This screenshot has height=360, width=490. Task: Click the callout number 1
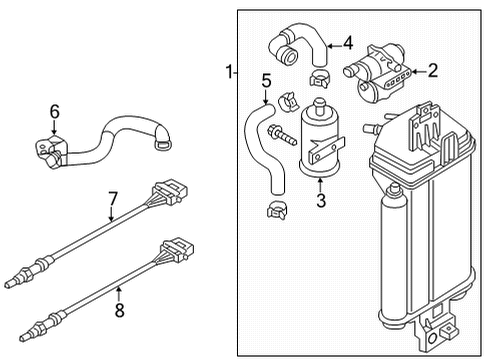(229, 72)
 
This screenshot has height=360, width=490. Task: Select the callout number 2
(433, 71)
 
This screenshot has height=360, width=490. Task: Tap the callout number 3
(321, 200)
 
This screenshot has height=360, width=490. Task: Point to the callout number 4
(348, 43)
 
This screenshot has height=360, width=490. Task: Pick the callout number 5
(266, 81)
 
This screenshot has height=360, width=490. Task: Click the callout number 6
(55, 111)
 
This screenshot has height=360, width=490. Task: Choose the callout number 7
(113, 199)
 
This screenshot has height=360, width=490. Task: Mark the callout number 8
(119, 310)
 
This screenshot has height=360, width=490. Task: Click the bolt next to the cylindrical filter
(282, 135)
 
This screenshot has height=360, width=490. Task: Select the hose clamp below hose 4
(319, 79)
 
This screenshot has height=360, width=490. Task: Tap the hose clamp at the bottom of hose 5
(277, 210)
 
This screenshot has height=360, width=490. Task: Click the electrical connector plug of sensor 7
(170, 192)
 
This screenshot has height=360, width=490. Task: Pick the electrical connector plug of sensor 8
(177, 250)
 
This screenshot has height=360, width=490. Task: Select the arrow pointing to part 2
(419, 71)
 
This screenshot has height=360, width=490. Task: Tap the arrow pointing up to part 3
(321, 185)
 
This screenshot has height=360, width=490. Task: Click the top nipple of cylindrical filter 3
(320, 106)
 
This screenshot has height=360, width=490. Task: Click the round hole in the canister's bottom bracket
(432, 338)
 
